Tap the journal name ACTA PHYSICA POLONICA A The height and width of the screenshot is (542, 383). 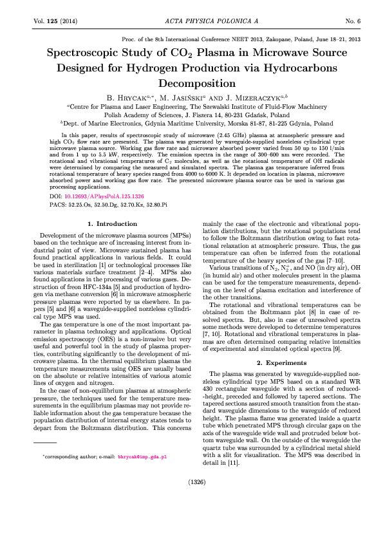(x=192, y=22)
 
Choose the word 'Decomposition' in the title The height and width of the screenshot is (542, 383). (x=192, y=82)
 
